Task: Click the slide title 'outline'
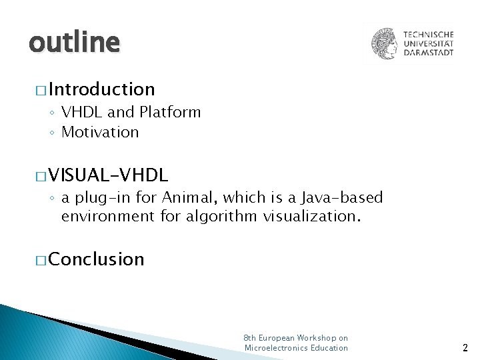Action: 74,43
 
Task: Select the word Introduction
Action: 101,89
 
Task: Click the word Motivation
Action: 100,132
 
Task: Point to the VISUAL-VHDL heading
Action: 108,175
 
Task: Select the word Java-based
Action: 342,197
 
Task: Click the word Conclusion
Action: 96,259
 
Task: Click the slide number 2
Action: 465,347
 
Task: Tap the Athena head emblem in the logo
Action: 385,43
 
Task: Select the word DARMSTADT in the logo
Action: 429,53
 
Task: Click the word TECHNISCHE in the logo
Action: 429,34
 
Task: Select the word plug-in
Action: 101,197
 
